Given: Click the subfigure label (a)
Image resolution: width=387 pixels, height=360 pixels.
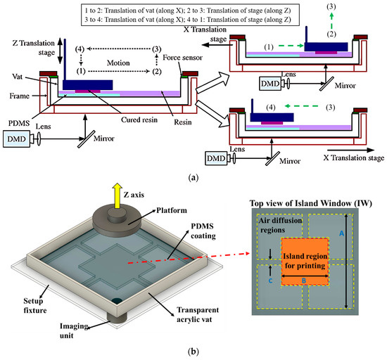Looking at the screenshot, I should click(193, 179).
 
